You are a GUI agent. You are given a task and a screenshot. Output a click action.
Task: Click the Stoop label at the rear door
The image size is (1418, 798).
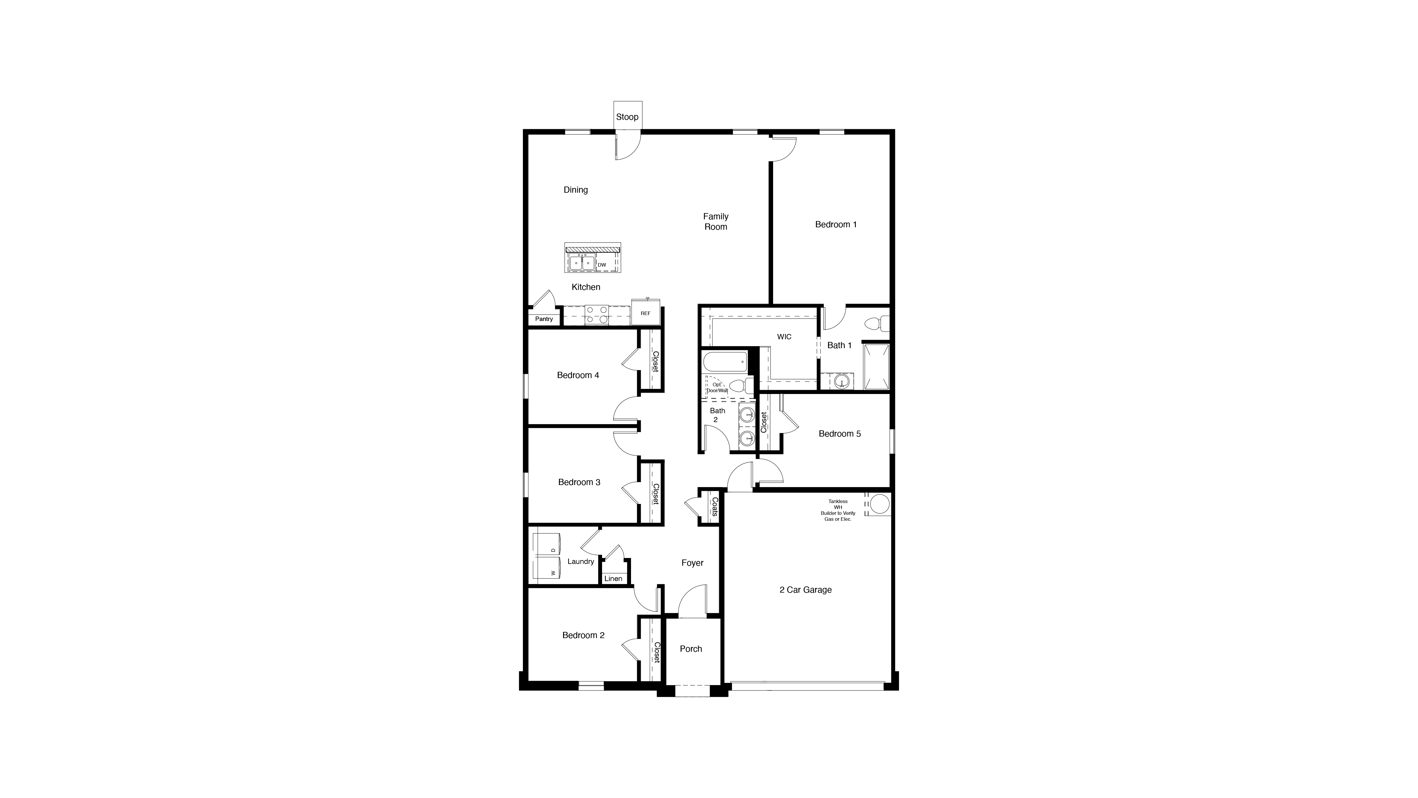point(627,117)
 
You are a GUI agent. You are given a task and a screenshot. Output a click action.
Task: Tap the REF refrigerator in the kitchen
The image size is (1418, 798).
point(645,313)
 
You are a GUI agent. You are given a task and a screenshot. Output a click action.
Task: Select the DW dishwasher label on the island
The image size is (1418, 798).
point(602,265)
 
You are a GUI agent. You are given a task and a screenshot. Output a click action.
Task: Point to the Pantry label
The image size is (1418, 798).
point(544,319)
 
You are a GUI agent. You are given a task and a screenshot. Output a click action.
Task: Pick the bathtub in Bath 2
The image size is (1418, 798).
point(725,362)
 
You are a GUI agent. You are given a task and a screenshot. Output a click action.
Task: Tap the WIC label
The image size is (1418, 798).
point(784,337)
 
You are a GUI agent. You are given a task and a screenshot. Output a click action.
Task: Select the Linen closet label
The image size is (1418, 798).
point(613,578)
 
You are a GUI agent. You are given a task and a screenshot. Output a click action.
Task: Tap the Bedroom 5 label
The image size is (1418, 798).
point(840,433)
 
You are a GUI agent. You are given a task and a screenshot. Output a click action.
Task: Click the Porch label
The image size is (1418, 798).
point(691,649)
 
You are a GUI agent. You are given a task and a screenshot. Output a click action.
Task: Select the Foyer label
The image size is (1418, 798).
point(692,563)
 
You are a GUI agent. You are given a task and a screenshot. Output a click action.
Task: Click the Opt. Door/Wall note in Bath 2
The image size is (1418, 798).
point(717,387)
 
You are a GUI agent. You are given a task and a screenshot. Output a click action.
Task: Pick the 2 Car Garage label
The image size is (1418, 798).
point(805,590)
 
